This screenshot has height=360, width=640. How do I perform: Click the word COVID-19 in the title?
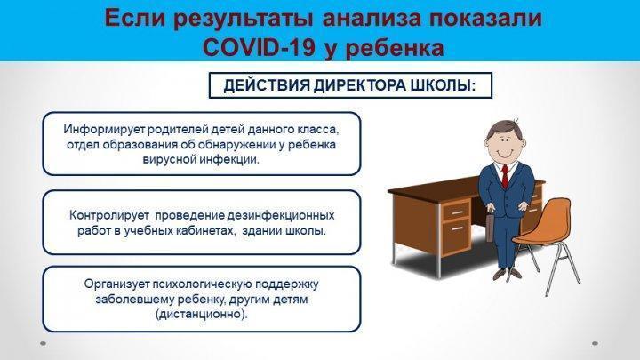pos(259,47)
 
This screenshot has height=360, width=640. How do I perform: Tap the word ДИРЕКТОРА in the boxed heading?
pos(360,85)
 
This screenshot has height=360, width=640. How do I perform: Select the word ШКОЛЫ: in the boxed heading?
pos(444,85)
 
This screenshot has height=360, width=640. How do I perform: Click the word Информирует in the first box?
pos(104,130)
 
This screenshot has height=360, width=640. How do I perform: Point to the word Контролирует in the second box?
pos(109,215)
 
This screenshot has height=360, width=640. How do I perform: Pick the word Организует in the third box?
pos(116,284)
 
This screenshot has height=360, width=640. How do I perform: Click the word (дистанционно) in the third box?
pos(202,315)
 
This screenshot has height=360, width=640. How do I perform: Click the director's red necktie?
pos(505,176)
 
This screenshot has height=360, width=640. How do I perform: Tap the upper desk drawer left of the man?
pos(456,212)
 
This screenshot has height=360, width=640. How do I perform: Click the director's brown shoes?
pos(508,274)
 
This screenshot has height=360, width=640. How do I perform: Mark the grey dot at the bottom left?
pos(44,344)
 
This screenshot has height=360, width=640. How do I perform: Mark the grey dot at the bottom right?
pos(595,344)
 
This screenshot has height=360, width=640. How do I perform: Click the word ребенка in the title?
pos(395,47)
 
